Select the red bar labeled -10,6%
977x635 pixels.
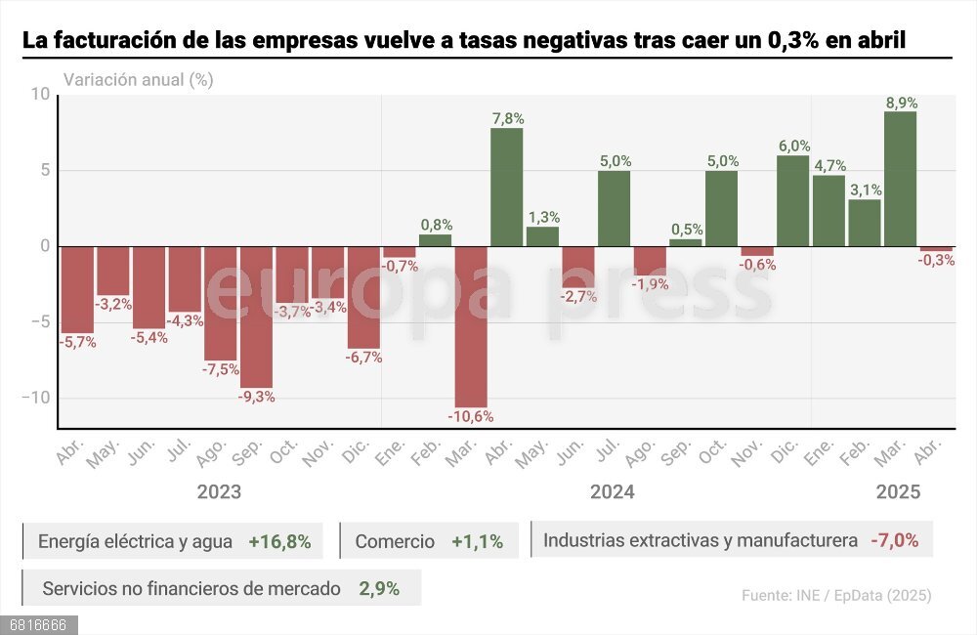471,326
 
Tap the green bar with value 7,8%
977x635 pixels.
506,188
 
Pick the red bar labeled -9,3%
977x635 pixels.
256,317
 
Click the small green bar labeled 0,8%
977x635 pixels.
435,240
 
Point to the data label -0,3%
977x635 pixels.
936,261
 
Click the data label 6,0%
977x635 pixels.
793,146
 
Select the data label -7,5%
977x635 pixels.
221,369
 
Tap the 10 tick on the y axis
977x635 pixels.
39,95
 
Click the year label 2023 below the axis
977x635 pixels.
219,491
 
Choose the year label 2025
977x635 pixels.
898,491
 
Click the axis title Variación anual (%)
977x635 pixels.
138,80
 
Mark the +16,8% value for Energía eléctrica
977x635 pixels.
279,541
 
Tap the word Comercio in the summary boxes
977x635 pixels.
395,541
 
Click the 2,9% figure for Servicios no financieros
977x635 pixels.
378,589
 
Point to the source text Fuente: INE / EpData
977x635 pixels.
835,595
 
